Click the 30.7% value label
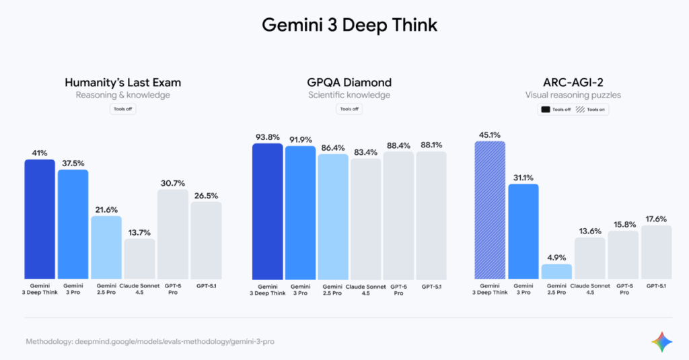pyautogui.click(x=173, y=182)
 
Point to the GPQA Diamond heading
pyautogui.click(x=349, y=83)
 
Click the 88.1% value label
pyautogui.click(x=431, y=145)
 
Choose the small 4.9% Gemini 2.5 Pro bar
pyautogui.click(x=556, y=271)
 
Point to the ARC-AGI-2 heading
pyautogui.click(x=573, y=83)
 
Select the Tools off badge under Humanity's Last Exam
pyautogui.click(x=122, y=109)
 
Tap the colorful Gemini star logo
pyautogui.click(x=661, y=342)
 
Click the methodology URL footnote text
pyautogui.click(x=149, y=342)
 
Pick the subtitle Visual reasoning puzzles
pyautogui.click(x=573, y=96)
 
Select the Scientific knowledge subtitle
pyautogui.click(x=349, y=96)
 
